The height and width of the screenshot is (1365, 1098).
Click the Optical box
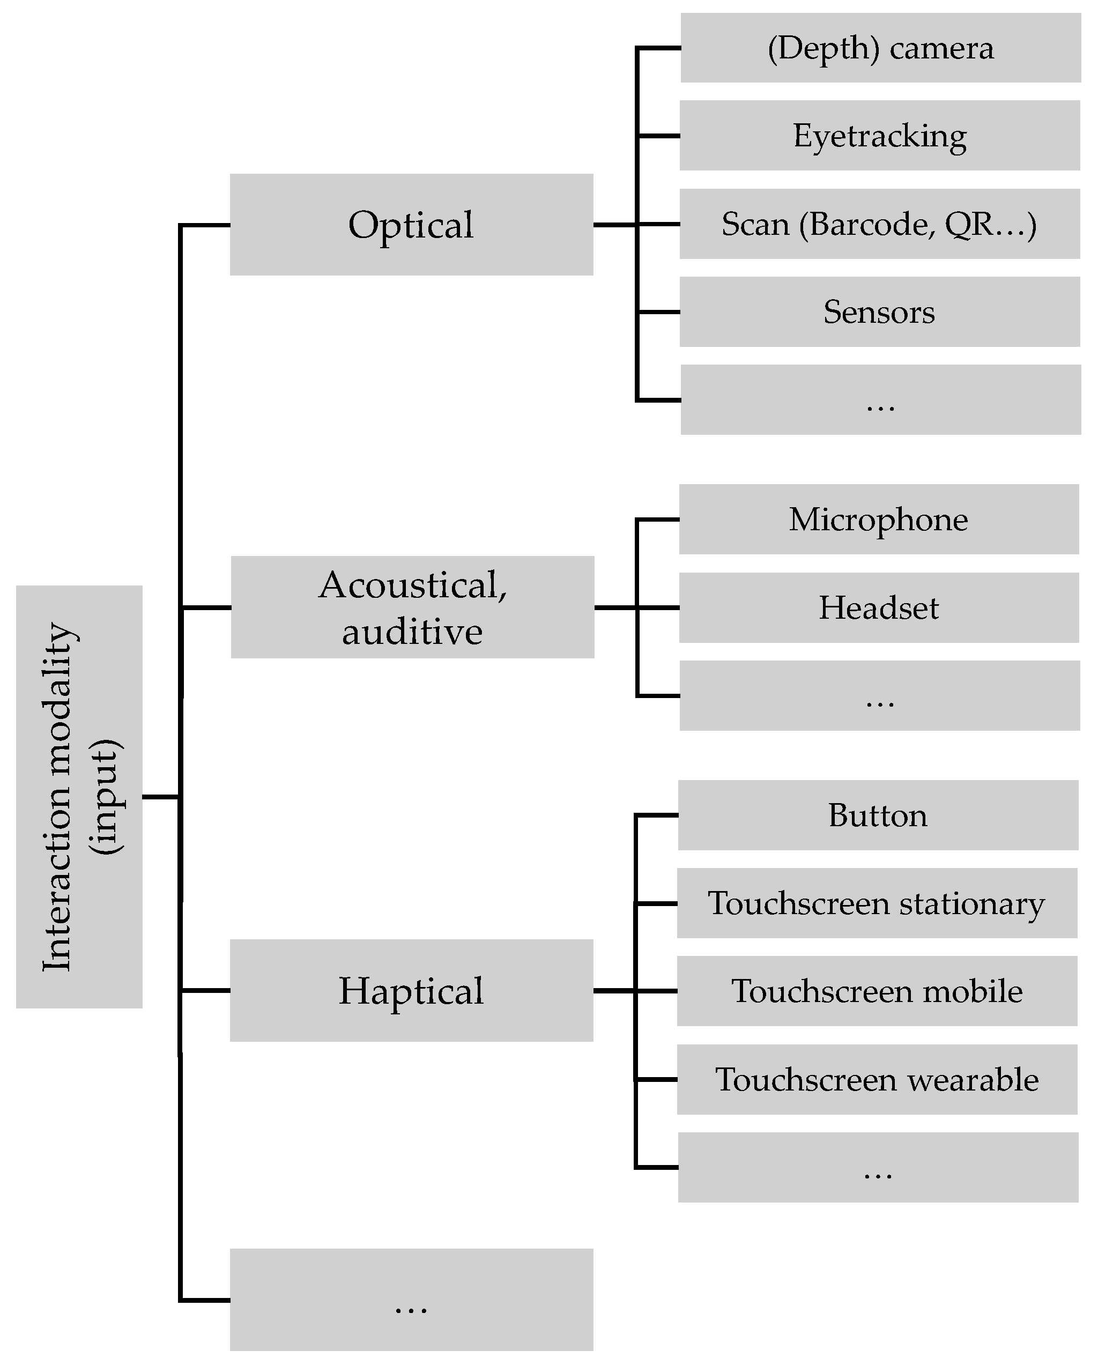tap(411, 225)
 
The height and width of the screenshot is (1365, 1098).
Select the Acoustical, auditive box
tap(412, 607)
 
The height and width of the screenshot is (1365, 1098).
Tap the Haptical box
tap(411, 990)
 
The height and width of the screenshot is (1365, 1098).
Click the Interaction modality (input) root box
tap(79, 797)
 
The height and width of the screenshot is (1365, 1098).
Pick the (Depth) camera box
tap(880, 48)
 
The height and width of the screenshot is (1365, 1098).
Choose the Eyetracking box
tap(880, 136)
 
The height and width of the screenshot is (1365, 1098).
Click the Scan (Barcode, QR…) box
tap(880, 224)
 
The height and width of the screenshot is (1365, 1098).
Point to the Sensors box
tap(880, 311)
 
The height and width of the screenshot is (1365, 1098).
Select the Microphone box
tap(879, 519)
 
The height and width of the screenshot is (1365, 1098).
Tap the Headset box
tap(879, 607)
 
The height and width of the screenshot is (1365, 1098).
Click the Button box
tap(878, 815)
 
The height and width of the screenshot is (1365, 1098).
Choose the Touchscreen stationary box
tap(877, 903)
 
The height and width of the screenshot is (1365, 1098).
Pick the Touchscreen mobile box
tap(877, 991)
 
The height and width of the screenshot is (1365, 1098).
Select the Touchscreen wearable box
tap(877, 1079)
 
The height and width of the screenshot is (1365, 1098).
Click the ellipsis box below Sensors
tap(880, 399)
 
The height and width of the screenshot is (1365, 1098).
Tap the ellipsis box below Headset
tap(880, 695)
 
